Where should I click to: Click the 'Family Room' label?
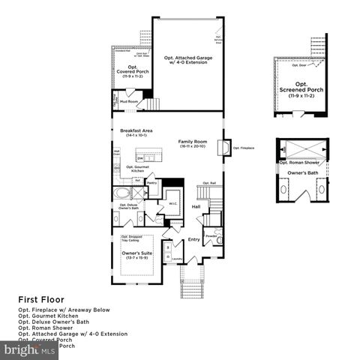(x=191, y=141)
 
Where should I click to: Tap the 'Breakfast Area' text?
(x=132, y=131)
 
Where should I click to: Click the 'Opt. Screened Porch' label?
(x=301, y=84)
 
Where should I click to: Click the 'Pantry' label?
(x=151, y=182)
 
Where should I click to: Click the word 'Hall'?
(x=195, y=206)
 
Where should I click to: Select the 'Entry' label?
(x=193, y=239)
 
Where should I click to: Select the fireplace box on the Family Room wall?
(x=223, y=147)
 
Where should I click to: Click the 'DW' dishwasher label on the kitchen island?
(x=139, y=158)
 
